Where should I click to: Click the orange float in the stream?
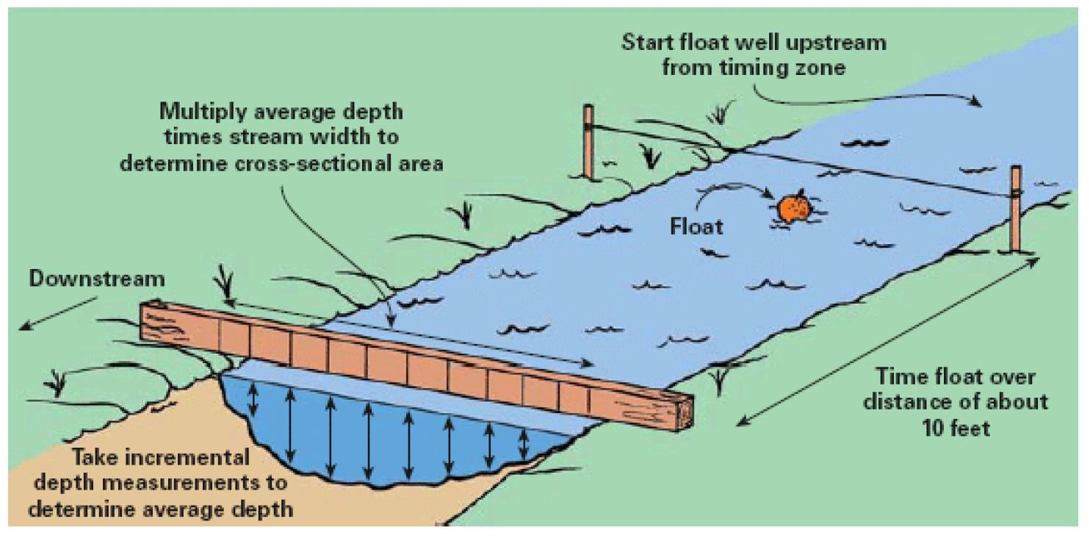tap(794, 209)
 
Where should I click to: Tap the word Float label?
tap(696, 226)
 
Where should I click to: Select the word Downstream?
tap(97, 279)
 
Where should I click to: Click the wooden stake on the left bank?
tap(588, 141)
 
